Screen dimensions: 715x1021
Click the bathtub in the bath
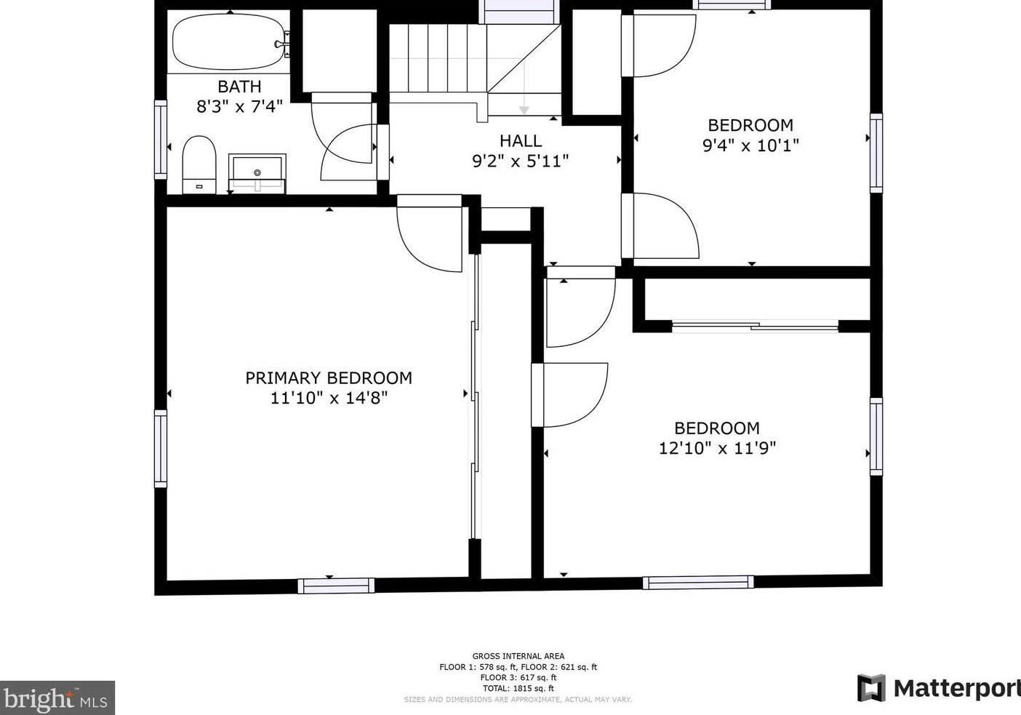pyautogui.click(x=228, y=42)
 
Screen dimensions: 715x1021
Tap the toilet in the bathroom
pyautogui.click(x=199, y=164)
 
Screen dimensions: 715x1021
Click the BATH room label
pyautogui.click(x=239, y=87)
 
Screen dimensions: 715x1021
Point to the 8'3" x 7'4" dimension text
pyautogui.click(x=239, y=107)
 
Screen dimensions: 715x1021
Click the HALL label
pyautogui.click(x=520, y=140)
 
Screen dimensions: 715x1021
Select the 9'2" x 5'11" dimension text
pyautogui.click(x=520, y=161)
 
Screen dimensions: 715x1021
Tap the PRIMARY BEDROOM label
pyautogui.click(x=329, y=378)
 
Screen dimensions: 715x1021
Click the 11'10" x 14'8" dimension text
pyautogui.click(x=329, y=398)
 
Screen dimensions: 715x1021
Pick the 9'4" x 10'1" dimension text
pyautogui.click(x=750, y=145)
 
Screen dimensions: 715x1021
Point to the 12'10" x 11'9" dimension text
pyautogui.click(x=717, y=448)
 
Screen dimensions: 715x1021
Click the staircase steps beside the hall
pyautogui.click(x=436, y=58)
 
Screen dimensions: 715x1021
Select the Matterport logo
pyautogui.click(x=938, y=688)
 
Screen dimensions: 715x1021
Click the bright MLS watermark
pyautogui.click(x=57, y=699)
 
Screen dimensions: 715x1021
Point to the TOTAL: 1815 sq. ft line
pyautogui.click(x=518, y=688)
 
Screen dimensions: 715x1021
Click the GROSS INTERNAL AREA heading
pyautogui.click(x=518, y=656)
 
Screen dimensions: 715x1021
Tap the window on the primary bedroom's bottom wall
pyautogui.click(x=336, y=585)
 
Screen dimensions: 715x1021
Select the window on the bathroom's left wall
pyautogui.click(x=161, y=139)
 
